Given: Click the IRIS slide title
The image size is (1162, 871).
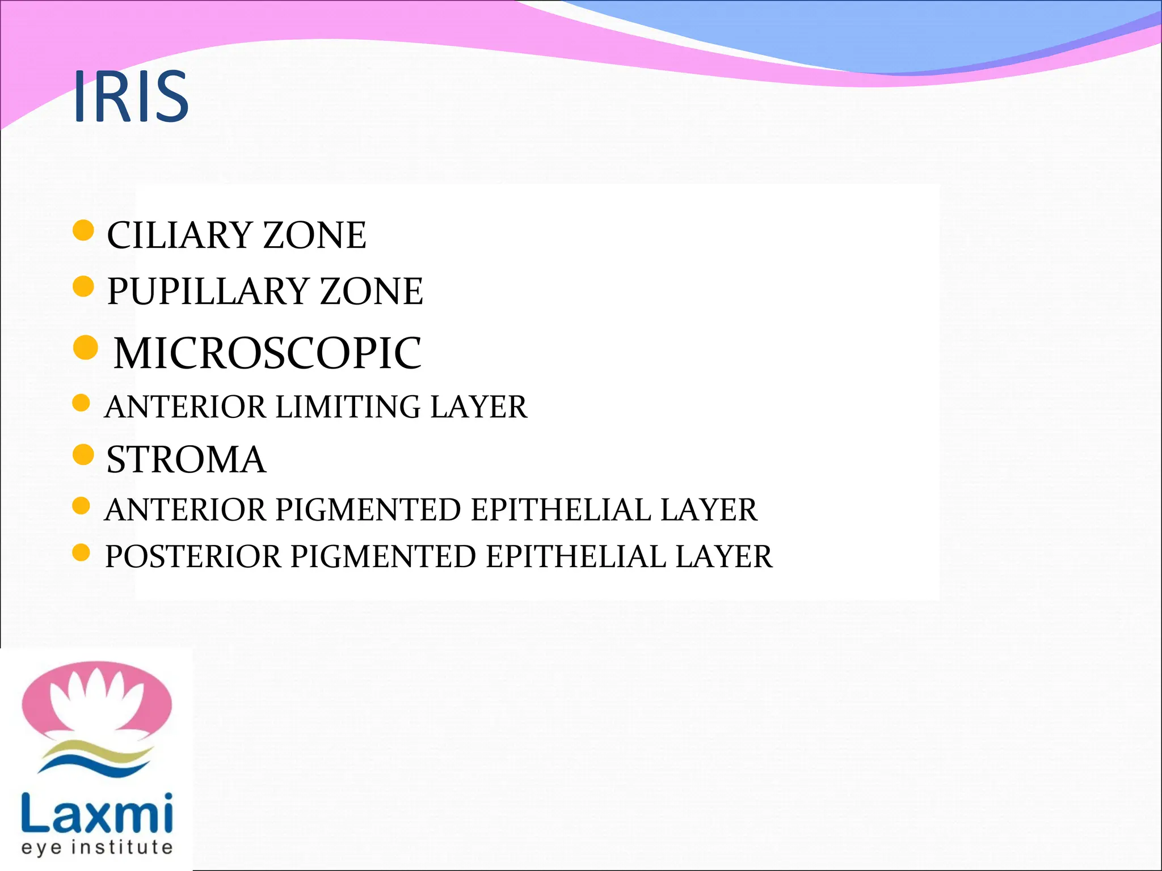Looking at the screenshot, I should (x=131, y=96).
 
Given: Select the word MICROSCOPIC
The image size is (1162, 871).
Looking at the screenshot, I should (x=267, y=353).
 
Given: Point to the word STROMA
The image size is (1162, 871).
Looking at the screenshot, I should (x=186, y=459).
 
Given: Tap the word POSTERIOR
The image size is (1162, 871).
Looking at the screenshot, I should (x=193, y=556).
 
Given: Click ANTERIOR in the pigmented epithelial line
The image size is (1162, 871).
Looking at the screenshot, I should (x=186, y=510).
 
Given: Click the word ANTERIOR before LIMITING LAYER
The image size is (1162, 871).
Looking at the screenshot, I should (x=186, y=407).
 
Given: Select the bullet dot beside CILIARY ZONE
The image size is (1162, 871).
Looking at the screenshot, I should (x=83, y=231).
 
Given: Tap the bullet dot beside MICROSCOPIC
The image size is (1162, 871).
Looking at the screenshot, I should (x=86, y=347).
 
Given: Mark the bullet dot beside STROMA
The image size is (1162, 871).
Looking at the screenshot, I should (x=83, y=455).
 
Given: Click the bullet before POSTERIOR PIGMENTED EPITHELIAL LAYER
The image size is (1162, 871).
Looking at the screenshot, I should (x=82, y=552).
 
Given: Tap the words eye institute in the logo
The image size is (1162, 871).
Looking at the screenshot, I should (x=97, y=847).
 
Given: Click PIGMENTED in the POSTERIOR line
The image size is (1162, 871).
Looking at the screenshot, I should (x=384, y=556).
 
